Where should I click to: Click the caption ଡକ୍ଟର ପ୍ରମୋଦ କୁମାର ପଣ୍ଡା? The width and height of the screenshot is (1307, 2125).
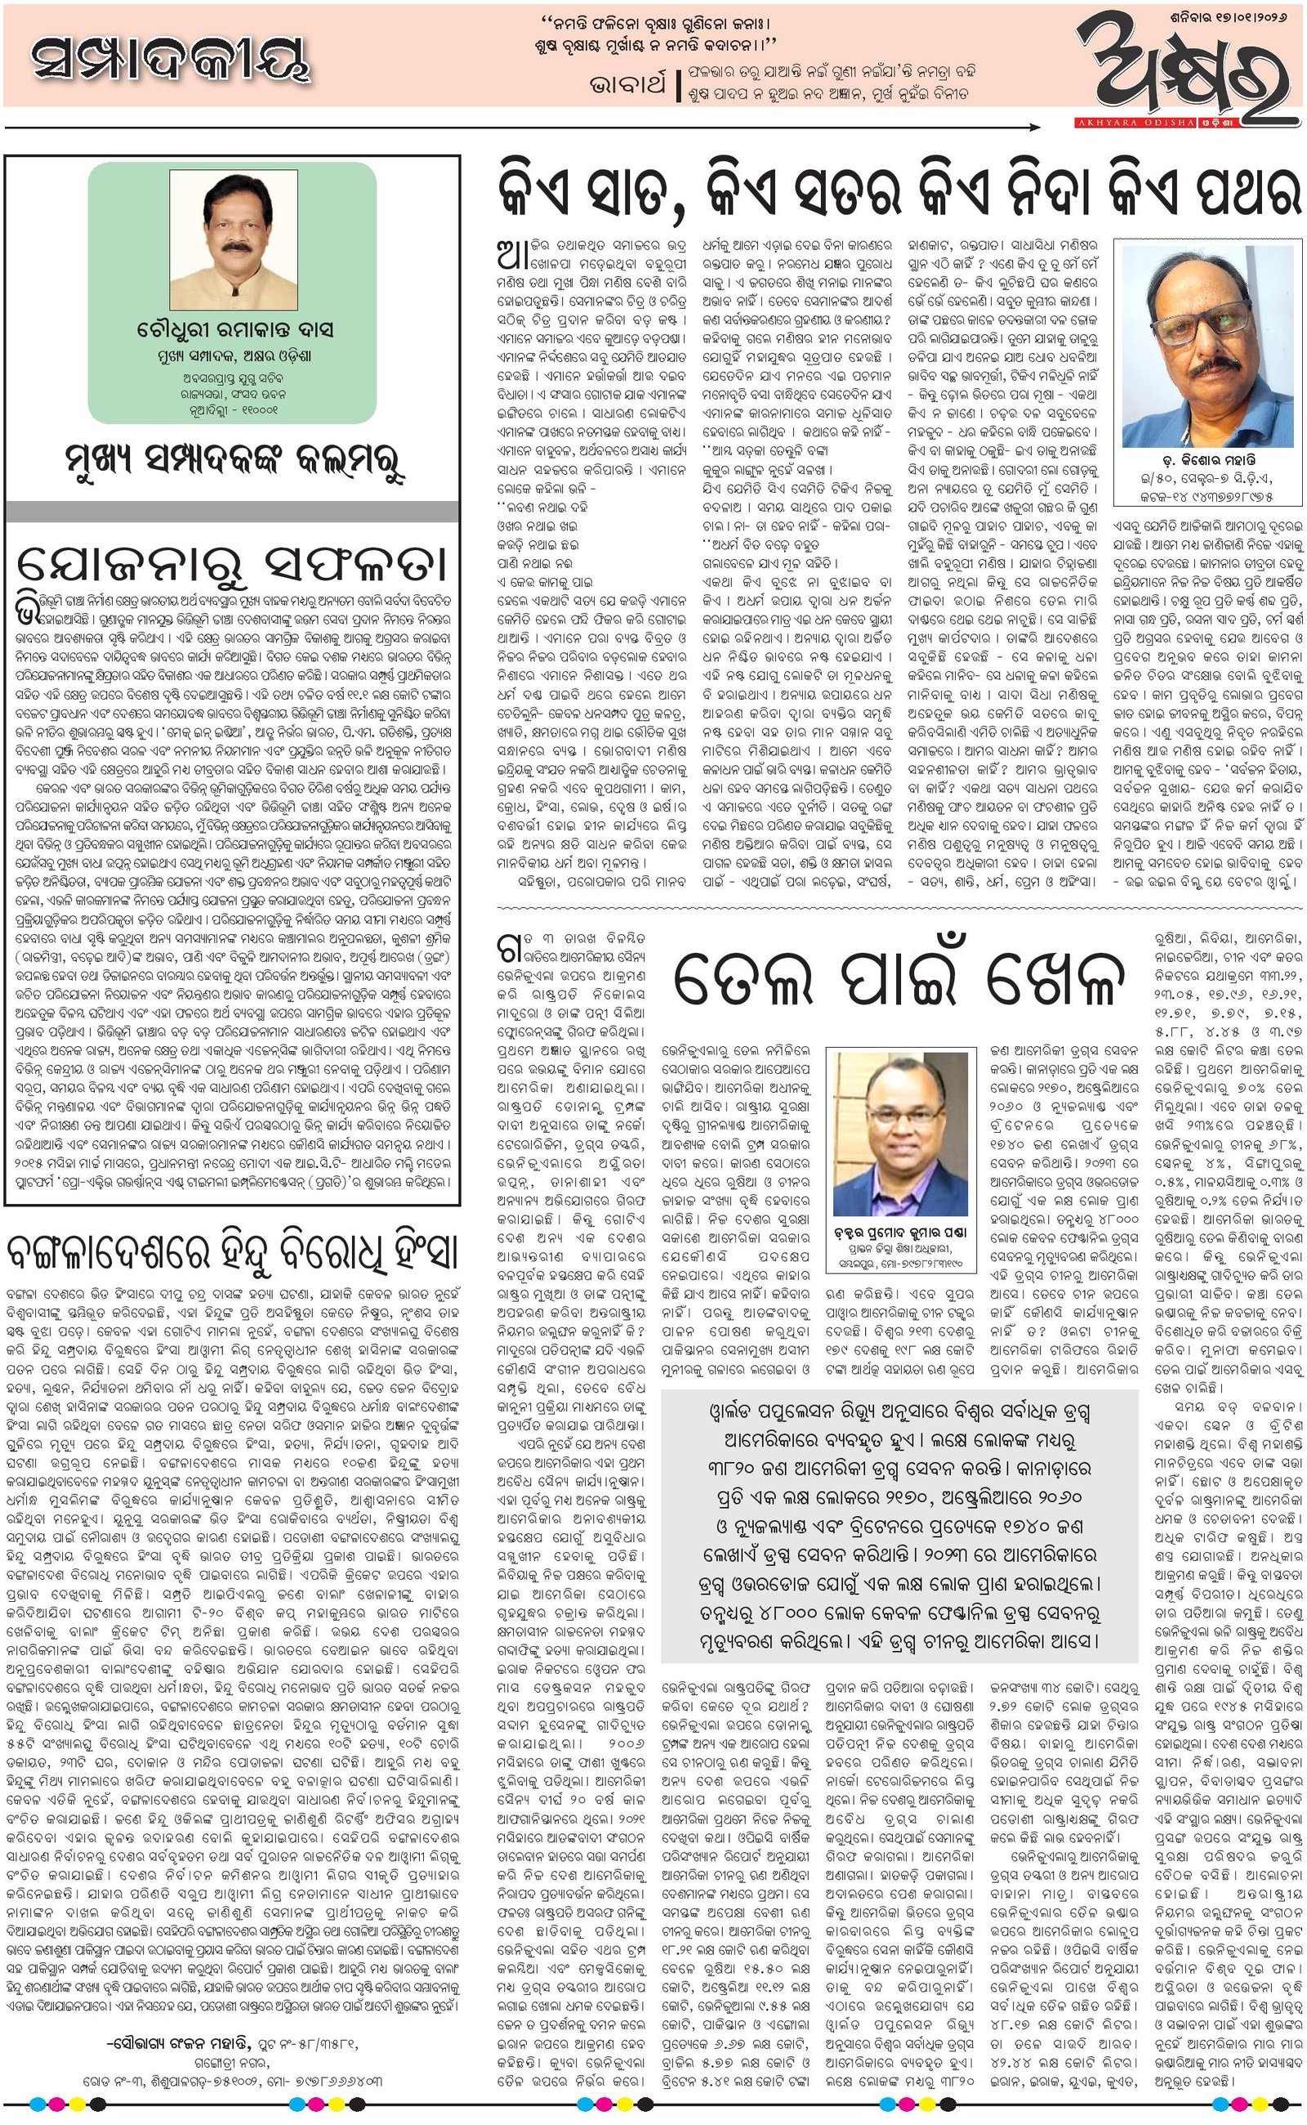point(900,1232)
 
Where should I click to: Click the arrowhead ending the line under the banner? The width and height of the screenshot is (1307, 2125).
point(1035,128)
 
